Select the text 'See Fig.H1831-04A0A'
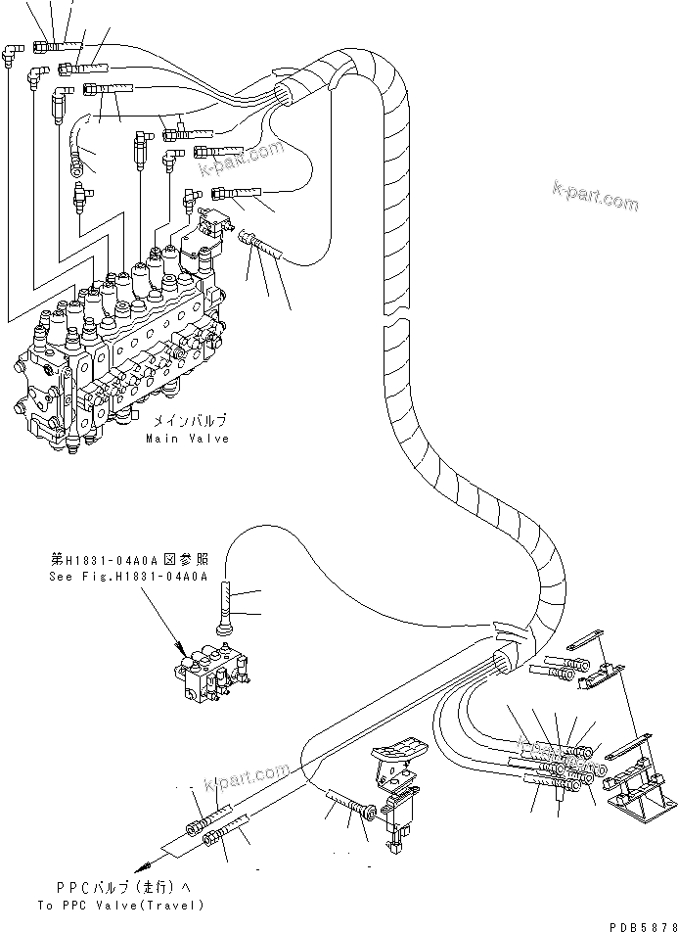point(128,577)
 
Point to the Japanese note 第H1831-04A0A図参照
point(128,562)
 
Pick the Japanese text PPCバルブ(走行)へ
point(120,888)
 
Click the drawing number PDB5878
point(638,923)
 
